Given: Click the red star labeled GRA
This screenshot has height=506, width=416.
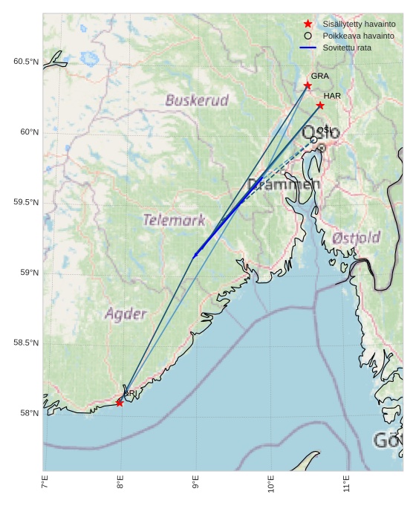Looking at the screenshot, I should [308, 85].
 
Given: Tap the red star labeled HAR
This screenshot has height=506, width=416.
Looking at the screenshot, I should [320, 105].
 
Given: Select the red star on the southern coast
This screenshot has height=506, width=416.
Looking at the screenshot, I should [120, 403].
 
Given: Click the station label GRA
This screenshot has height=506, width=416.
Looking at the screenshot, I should [319, 76].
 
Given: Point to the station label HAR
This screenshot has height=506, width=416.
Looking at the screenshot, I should [332, 96].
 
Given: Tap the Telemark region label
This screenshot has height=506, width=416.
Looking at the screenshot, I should [174, 220].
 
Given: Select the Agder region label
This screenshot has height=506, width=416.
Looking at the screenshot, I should [126, 314].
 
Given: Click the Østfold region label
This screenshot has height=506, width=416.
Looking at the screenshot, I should [357, 238].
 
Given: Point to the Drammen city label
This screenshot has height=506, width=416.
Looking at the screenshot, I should [284, 184].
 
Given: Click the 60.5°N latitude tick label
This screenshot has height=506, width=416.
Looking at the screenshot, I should [25, 62].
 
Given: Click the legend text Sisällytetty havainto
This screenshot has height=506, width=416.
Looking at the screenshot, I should [353, 24].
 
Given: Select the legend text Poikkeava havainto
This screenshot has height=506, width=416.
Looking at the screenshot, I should [353, 36].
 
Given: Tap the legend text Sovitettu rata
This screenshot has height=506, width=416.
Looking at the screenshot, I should [347, 48].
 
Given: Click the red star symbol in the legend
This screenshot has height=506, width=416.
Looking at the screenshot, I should [308, 24].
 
